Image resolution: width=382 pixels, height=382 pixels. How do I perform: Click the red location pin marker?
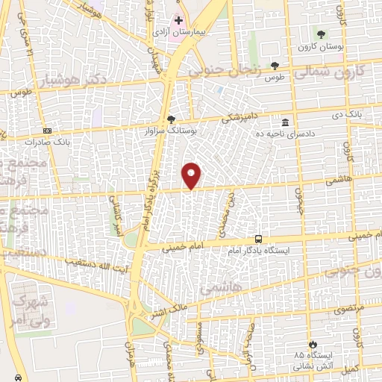point(192,175)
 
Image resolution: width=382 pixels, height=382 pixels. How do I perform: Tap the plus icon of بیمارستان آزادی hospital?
point(178,20)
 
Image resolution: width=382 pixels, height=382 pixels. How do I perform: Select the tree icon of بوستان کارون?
point(321,34)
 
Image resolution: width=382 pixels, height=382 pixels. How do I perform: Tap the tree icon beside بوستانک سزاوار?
point(172,119)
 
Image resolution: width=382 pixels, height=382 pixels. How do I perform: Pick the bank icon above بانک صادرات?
point(47,130)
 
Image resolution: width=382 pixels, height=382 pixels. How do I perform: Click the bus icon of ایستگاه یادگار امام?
point(258,239)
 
